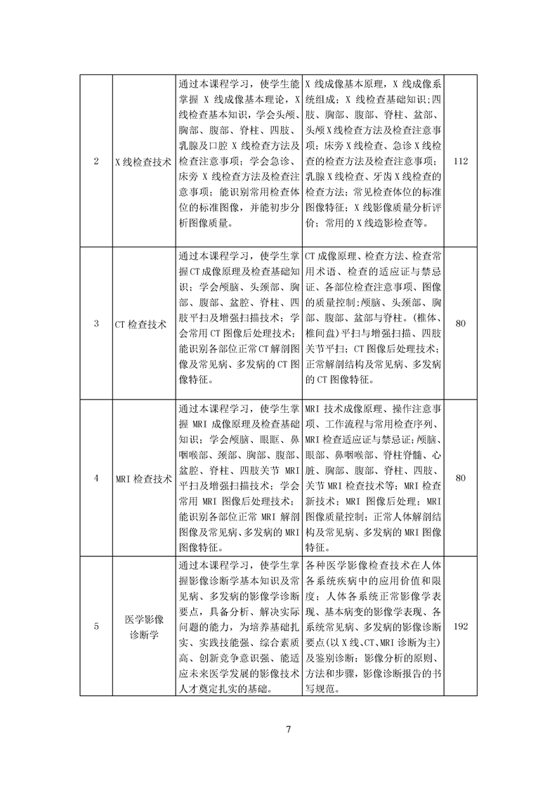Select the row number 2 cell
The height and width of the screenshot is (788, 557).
96,161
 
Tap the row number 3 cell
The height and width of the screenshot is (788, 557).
96,324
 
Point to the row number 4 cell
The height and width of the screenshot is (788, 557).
96,479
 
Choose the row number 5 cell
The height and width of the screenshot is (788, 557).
96,626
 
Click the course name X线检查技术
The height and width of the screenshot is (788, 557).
143,161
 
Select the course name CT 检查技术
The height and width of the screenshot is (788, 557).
143,324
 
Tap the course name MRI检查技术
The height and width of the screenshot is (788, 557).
143,479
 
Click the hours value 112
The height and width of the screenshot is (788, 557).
461,161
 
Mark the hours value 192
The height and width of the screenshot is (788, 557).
461,626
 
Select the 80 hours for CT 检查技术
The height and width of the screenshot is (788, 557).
461,324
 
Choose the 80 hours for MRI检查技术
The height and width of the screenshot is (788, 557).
461,479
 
